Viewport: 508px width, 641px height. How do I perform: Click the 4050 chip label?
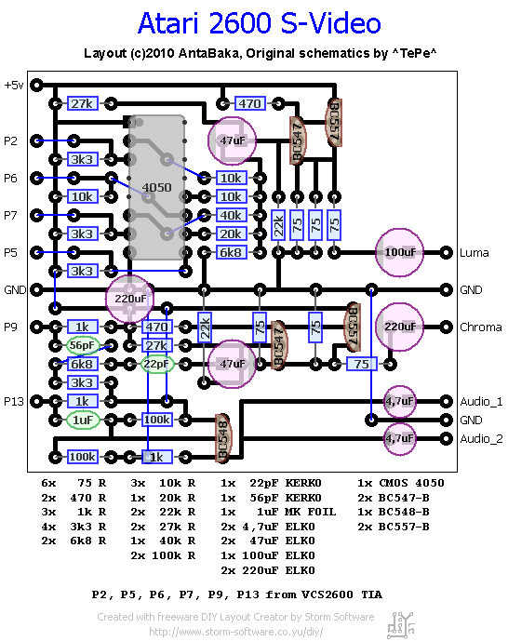pos(156,188)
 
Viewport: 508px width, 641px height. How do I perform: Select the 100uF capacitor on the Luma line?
pos(400,253)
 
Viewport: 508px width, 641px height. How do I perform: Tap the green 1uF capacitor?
pos(83,420)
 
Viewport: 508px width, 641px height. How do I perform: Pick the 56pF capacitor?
pos(83,345)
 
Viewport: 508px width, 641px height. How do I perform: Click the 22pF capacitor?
pos(157,364)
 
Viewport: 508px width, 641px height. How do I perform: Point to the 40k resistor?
pos(232,215)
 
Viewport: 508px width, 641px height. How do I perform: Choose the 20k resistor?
pos(232,234)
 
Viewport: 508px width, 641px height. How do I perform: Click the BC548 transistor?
pos(223,438)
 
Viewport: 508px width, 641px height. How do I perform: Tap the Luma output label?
pos(475,253)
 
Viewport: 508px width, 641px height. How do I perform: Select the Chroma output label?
pos(481,327)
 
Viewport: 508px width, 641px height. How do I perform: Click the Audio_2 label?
pos(481,439)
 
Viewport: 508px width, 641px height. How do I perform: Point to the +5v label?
pos(13,85)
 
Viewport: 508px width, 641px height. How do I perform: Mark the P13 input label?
pos(13,402)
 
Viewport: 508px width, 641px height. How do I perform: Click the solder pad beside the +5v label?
pos(37,85)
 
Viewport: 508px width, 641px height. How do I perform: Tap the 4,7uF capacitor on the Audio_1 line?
pos(400,402)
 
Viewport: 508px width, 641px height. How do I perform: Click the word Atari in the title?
pos(168,23)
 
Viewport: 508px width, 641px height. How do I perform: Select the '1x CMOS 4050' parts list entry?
pos(400,483)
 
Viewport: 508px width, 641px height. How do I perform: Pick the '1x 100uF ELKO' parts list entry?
pos(268,555)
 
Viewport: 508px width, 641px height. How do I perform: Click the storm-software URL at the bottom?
pos(235,632)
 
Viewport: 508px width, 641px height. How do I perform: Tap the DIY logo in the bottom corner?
pos(401,625)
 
